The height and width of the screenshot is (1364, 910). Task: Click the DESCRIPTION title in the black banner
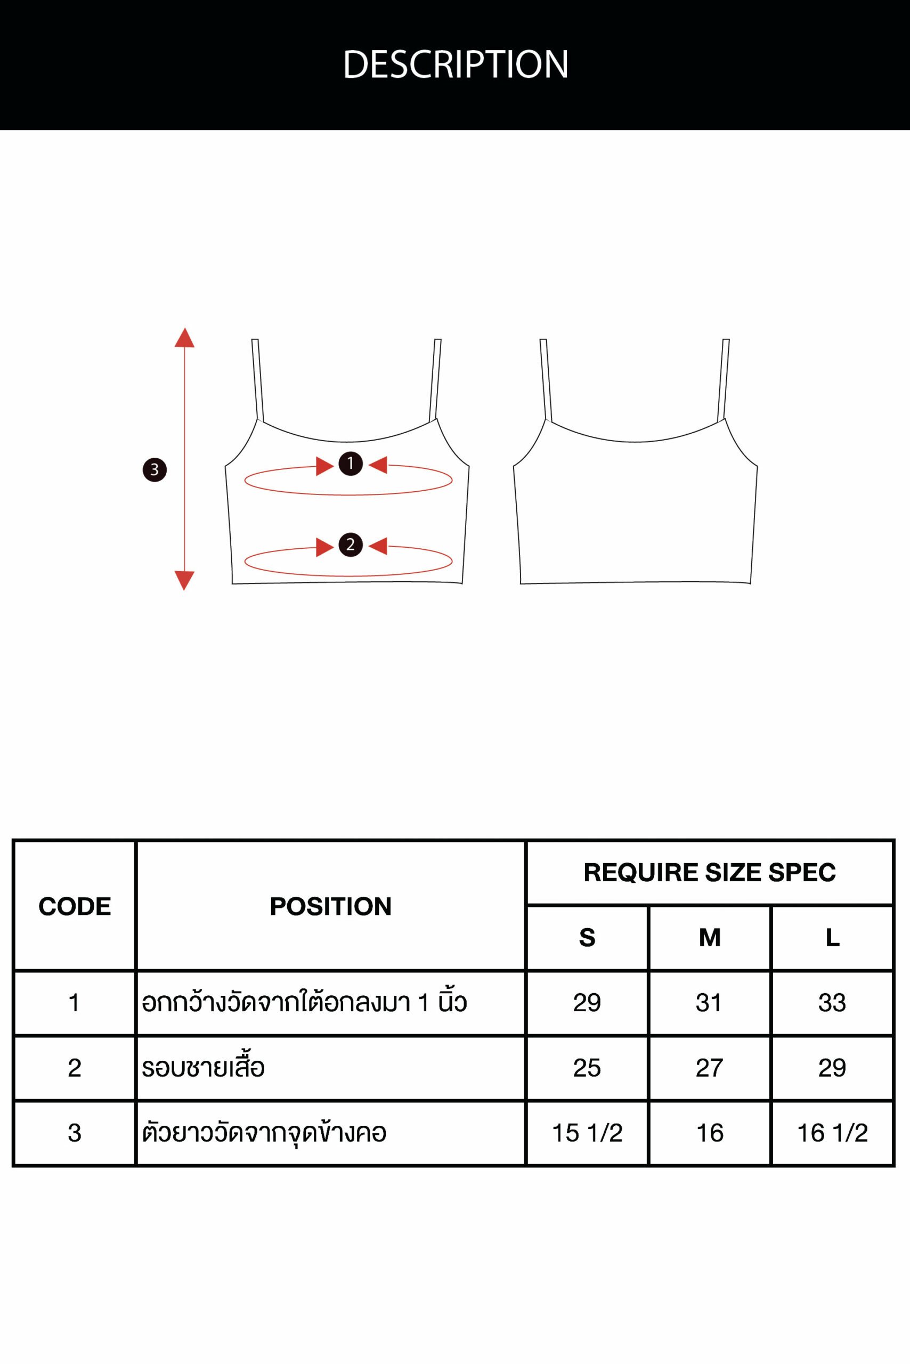tap(456, 64)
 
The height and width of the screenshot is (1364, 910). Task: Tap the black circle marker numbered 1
tap(351, 464)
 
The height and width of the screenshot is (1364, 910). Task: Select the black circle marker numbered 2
tap(351, 545)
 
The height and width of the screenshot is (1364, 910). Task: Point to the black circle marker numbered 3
tap(155, 469)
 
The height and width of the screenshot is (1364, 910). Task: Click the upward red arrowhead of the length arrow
tap(184, 338)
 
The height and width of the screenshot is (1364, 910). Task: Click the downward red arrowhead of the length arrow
tap(184, 580)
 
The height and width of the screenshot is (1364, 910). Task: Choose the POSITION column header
tap(331, 906)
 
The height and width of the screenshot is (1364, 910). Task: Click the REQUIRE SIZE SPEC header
tap(710, 872)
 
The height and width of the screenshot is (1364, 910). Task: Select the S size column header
tap(587, 937)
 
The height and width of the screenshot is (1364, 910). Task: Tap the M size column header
tap(710, 937)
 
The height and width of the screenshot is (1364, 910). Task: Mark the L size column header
tap(833, 937)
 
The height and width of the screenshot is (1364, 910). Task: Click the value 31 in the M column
tap(709, 1002)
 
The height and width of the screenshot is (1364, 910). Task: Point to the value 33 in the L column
tap(832, 1002)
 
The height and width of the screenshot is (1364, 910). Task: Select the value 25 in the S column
tap(587, 1067)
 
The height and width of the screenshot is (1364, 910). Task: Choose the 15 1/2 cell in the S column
tap(587, 1132)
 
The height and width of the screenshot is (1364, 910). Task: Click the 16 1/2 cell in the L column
tap(833, 1132)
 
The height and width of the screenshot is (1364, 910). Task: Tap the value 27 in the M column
tap(709, 1067)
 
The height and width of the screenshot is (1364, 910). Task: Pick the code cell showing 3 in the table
tap(74, 1132)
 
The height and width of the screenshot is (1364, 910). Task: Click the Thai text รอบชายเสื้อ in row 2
tap(203, 1067)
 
